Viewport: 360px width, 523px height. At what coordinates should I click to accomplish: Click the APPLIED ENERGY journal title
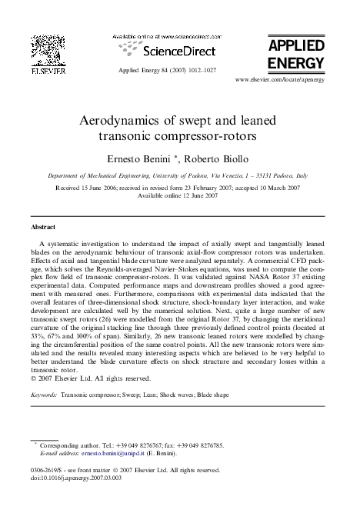click(x=296, y=55)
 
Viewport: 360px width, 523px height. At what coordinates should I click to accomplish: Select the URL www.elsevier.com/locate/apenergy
click(x=280, y=79)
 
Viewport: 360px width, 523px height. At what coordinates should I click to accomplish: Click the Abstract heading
click(x=42, y=228)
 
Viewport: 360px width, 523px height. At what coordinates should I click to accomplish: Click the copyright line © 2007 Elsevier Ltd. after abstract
click(x=89, y=378)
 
